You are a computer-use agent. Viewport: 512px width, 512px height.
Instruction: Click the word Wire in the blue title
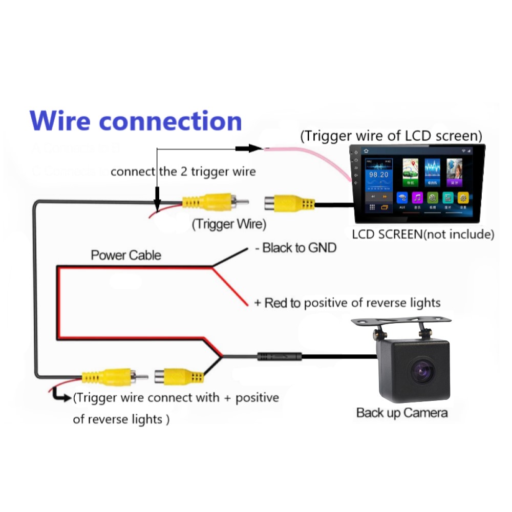pos(61,121)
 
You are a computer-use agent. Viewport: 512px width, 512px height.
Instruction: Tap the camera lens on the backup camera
pos(421,371)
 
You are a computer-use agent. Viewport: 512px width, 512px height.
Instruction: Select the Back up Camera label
pos(402,413)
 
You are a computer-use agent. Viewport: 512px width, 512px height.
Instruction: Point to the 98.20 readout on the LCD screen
pos(378,175)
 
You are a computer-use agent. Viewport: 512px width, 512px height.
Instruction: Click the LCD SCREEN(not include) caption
pos(423,234)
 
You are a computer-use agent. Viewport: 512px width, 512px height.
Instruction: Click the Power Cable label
pos(126,255)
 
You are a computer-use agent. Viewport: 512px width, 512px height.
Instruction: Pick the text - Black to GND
pos(295,248)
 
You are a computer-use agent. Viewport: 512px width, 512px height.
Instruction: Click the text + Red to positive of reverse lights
pos(347,303)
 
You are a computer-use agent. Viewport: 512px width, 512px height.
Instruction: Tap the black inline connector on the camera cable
pos(279,356)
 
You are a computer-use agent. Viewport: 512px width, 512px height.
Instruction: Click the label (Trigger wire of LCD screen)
pos(391,136)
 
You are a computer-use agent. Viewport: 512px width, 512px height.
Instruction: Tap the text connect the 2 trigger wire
pos(183,171)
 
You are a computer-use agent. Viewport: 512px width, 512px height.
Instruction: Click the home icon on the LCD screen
pos(367,151)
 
